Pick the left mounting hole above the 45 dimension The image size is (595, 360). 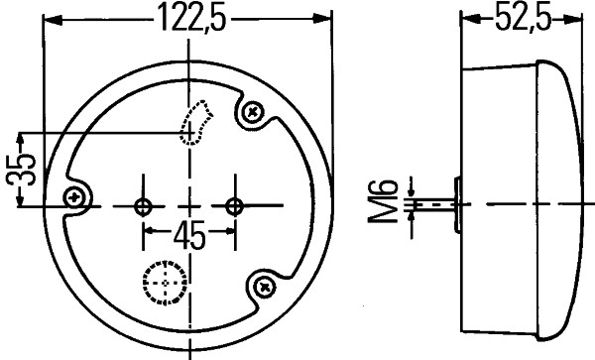click(x=144, y=206)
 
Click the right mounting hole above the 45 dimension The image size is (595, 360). click(x=235, y=206)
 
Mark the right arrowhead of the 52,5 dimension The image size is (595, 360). click(x=577, y=19)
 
